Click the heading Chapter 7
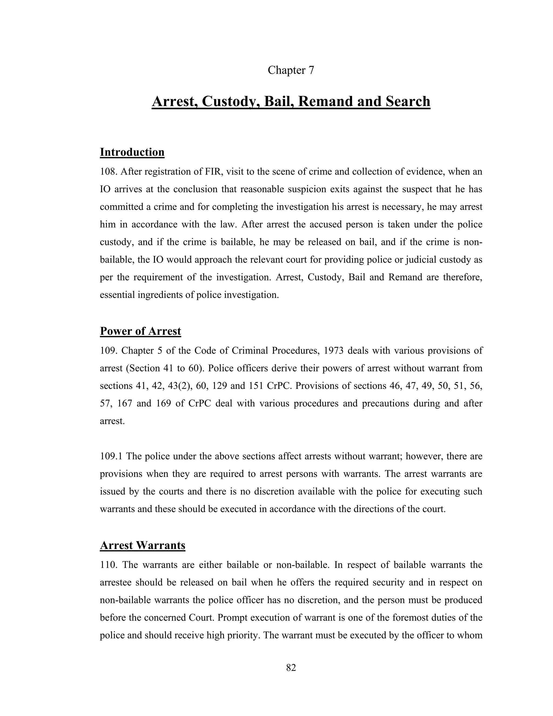291,70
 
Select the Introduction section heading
132,152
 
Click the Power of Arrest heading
140,331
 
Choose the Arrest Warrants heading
143,545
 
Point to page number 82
291,668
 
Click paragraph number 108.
108,172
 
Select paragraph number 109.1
111,456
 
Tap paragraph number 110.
108,565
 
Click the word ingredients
160,295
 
